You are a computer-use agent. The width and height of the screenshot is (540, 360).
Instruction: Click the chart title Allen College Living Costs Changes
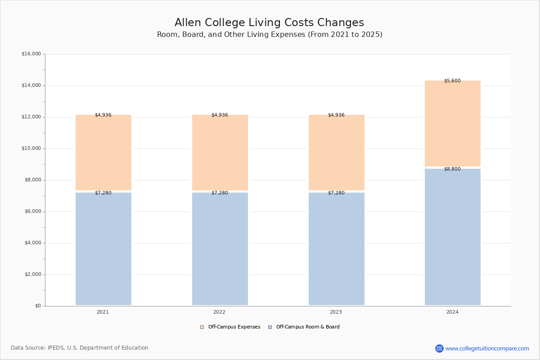269,22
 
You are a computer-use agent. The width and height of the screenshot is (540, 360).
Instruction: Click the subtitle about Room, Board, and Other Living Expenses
270,35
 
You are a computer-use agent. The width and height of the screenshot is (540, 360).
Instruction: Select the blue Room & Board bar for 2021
103,248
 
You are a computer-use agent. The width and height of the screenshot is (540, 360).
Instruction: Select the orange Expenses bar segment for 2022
220,152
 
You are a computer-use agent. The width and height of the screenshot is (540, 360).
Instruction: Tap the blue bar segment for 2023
336,248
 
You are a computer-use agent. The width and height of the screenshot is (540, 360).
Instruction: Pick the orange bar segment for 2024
452,123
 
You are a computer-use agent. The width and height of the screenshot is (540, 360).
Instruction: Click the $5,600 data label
452,81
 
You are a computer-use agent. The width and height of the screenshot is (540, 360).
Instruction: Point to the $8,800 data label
452,169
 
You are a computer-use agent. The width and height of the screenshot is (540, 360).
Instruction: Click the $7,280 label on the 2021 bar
103,193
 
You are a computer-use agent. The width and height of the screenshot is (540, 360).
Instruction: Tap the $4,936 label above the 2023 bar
336,115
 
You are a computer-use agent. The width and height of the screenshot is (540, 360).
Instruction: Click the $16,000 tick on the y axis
31,54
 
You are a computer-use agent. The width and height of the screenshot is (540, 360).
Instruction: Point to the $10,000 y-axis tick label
31,148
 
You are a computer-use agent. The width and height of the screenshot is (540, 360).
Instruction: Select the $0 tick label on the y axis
37,306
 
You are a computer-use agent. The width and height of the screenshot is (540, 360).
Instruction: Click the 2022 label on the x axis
220,312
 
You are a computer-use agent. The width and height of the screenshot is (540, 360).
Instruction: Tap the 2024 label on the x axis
452,312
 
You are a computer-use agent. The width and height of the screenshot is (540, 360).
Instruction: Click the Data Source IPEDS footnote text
80,348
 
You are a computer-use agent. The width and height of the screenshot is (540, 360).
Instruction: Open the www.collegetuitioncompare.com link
487,348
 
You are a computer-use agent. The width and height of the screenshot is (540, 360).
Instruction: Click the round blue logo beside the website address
439,348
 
